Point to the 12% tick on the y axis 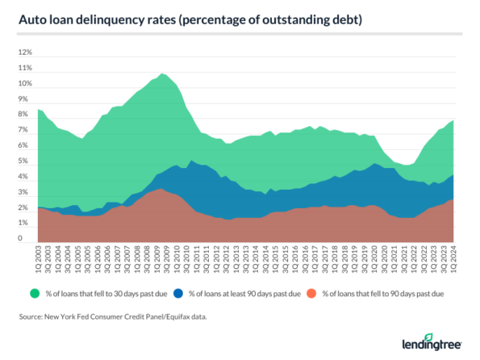[25, 52]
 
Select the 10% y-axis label [25, 84]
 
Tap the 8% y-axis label [25, 115]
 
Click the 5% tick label [25, 162]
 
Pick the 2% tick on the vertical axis [25, 209]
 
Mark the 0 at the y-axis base [27, 240]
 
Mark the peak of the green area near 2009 [163, 74]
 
